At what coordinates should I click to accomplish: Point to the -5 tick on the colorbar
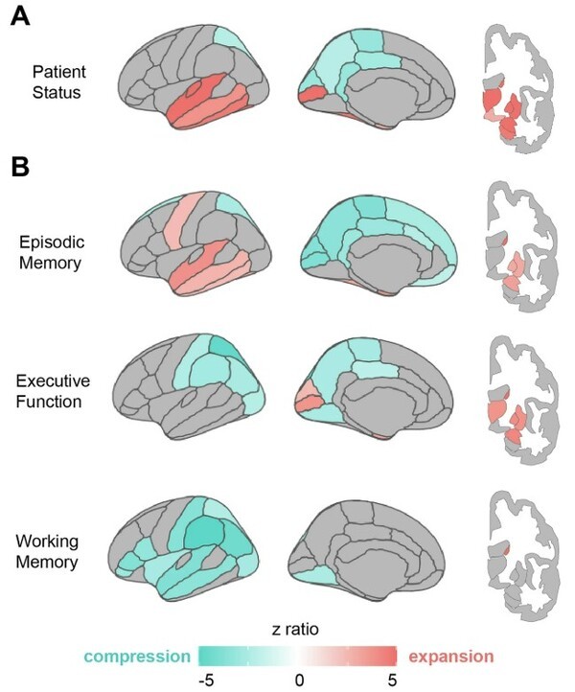click(205, 680)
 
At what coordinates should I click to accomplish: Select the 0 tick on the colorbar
click(299, 680)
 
